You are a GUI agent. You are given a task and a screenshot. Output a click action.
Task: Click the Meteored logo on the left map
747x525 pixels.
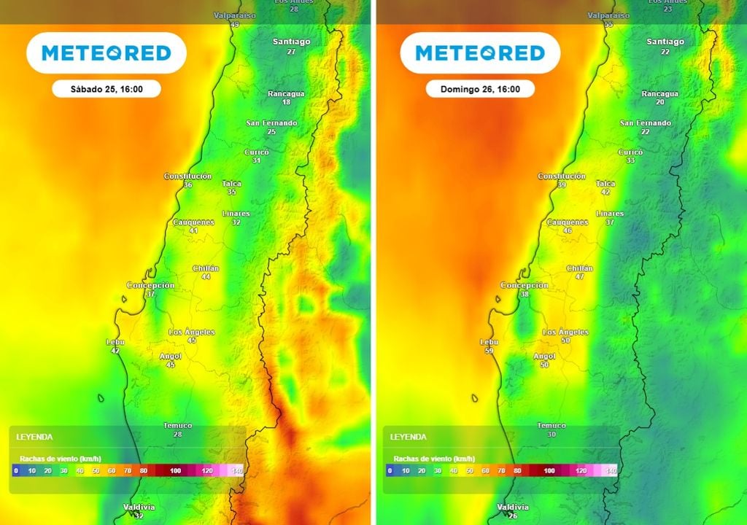click(x=107, y=52)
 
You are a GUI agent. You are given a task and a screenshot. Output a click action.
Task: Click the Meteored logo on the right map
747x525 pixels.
click(x=480, y=52)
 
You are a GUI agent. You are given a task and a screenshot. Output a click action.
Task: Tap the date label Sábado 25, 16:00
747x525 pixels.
click(x=107, y=90)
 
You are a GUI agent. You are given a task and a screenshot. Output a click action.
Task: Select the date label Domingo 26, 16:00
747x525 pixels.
click(x=480, y=90)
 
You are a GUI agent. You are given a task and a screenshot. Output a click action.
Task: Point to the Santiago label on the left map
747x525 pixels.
click(x=291, y=42)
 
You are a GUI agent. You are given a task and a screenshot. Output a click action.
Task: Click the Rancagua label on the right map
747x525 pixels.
click(x=660, y=94)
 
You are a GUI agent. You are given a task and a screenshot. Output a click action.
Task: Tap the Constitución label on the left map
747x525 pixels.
click(x=187, y=176)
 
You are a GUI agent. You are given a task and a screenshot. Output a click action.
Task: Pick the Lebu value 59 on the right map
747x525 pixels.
click(x=488, y=351)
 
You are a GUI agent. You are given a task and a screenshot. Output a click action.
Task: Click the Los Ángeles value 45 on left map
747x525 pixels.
click(x=192, y=341)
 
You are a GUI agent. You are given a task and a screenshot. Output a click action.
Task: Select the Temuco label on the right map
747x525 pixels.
click(x=551, y=426)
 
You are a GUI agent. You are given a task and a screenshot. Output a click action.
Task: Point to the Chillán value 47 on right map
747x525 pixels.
click(x=580, y=277)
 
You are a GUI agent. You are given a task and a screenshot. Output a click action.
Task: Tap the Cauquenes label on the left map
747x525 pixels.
click(x=193, y=222)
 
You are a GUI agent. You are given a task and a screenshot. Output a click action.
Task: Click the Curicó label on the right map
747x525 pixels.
click(x=630, y=152)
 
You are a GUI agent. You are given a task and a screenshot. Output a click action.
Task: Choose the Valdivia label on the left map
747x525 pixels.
click(x=139, y=507)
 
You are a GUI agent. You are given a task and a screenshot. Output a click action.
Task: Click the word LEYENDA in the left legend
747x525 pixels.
click(x=34, y=437)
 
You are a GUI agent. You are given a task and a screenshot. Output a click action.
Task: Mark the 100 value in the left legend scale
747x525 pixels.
click(x=175, y=471)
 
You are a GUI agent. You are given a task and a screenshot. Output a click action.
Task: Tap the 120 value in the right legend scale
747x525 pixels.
click(x=581, y=471)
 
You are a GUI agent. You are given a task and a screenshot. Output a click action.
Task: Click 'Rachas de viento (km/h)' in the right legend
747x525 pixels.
click(x=434, y=459)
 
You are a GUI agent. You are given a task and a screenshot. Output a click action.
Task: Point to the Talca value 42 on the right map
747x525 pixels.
click(x=605, y=192)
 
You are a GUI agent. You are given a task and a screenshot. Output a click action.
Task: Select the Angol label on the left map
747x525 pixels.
click(x=170, y=357)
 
